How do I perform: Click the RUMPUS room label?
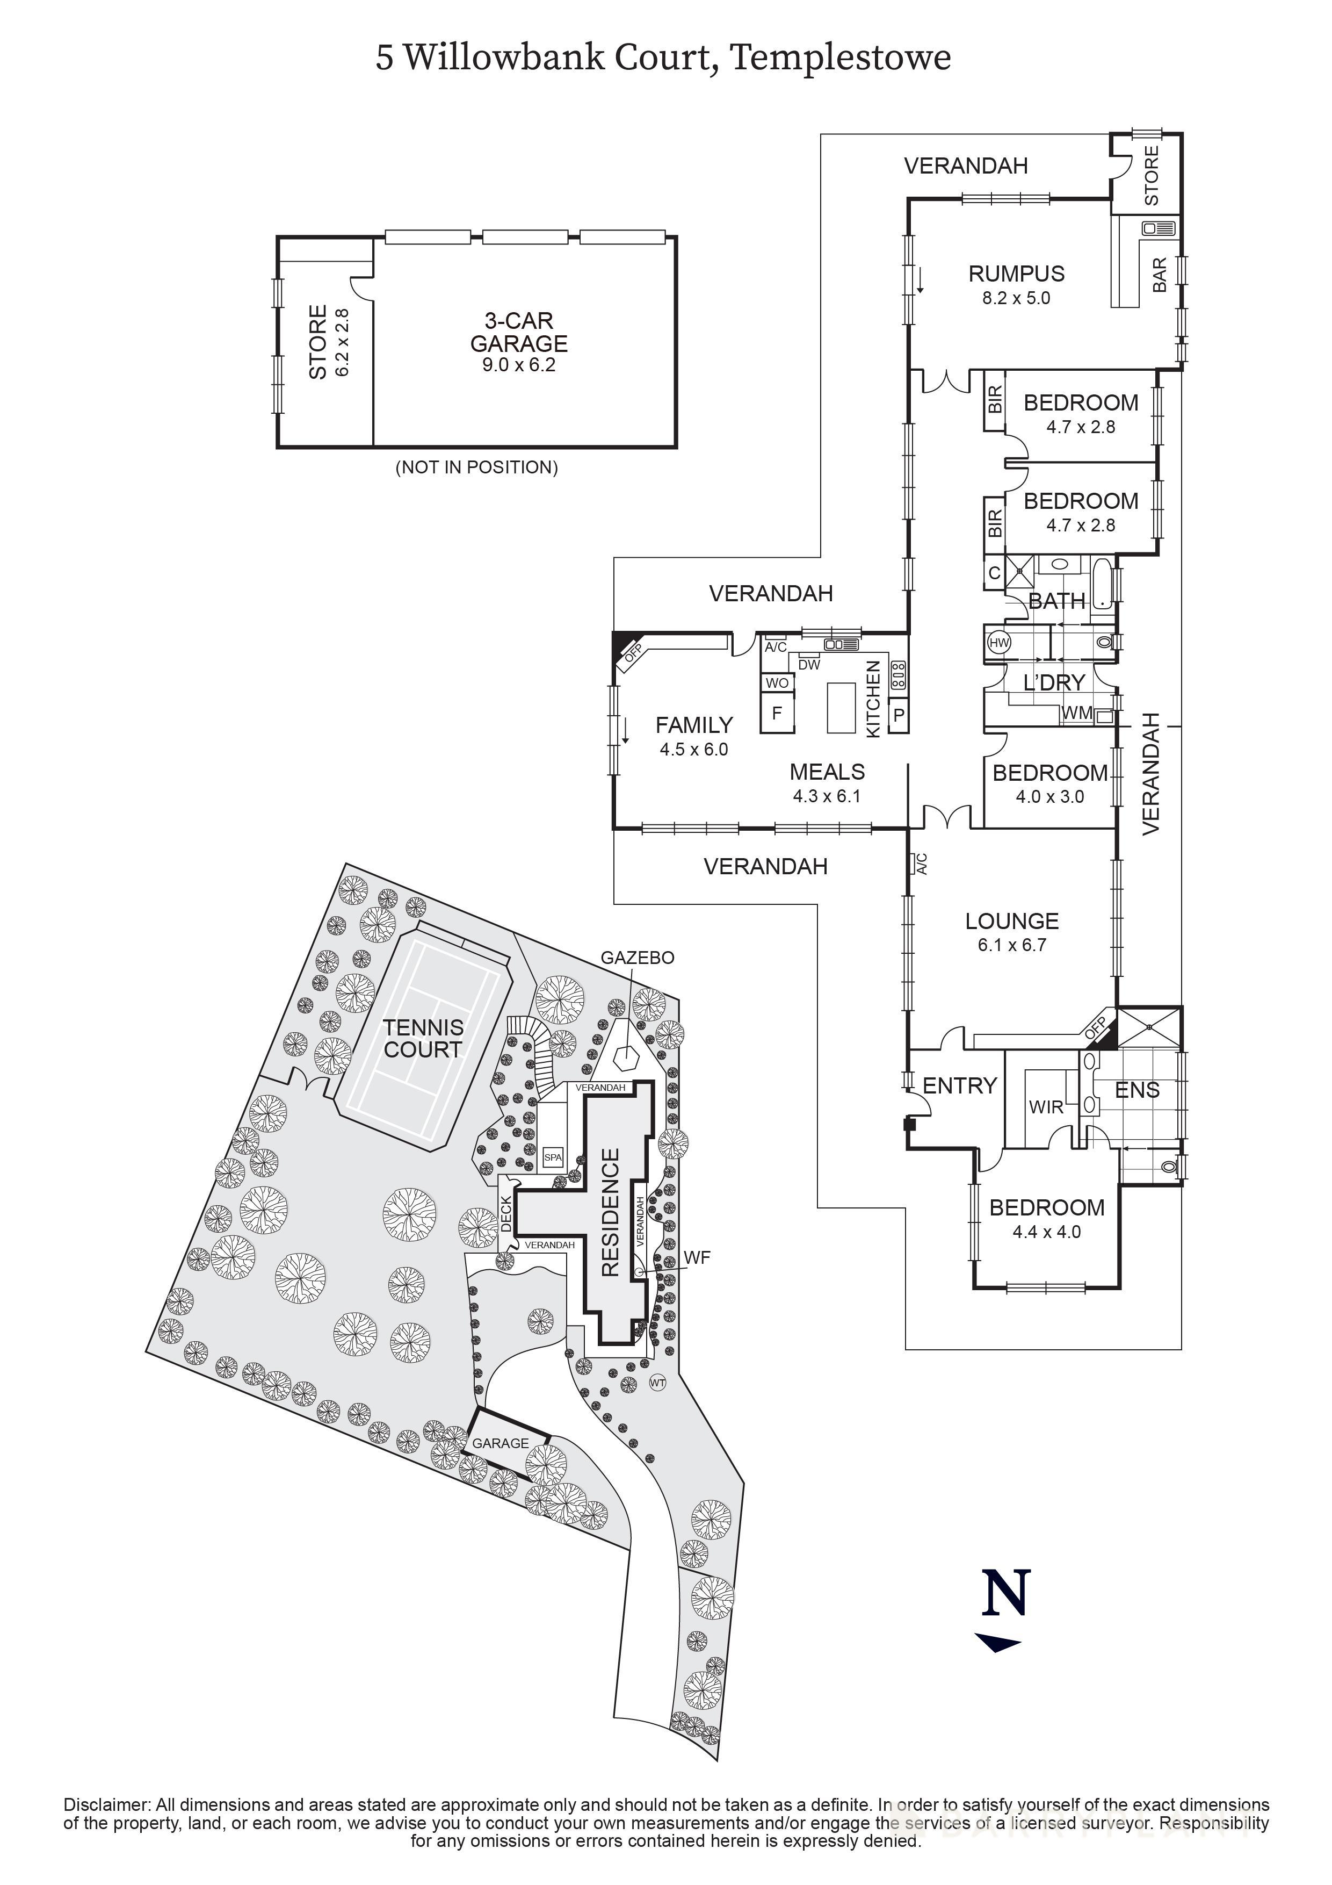tap(1016, 274)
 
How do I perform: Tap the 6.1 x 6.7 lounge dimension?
tap(1011, 945)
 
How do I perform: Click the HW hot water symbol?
tap(999, 643)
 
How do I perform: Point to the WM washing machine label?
tap(1077, 714)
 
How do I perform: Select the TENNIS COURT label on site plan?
tap(423, 1039)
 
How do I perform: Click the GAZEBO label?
tap(638, 958)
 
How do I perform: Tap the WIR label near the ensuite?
tap(1046, 1107)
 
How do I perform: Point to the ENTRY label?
tap(959, 1086)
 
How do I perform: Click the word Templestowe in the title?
tap(841, 57)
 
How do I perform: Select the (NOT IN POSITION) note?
tap(477, 468)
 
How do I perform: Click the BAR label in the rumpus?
tap(1160, 275)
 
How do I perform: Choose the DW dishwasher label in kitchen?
tap(809, 665)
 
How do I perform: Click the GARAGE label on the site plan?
tap(501, 1443)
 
